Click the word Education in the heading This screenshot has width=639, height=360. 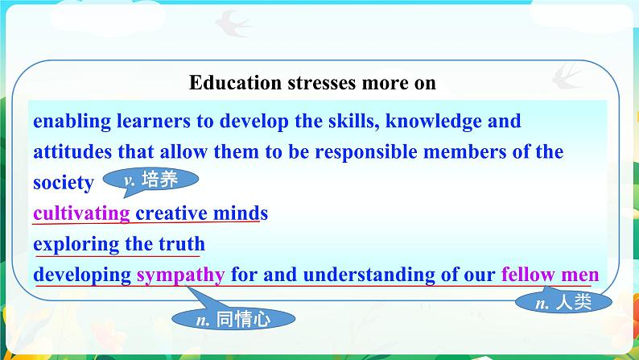[235, 82]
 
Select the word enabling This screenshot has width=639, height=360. [72, 122]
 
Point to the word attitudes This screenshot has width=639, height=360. [72, 151]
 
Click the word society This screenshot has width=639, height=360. [63, 183]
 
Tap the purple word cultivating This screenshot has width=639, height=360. [81, 213]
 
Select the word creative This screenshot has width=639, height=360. [171, 213]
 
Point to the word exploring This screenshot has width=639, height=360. [76, 244]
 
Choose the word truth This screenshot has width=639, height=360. [182, 244]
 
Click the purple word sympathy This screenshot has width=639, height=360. [180, 275]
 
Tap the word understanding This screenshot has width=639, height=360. [369, 275]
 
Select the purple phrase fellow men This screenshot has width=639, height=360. [550, 275]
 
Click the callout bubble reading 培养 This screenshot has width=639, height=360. [150, 180]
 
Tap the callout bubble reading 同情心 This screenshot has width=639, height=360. [233, 318]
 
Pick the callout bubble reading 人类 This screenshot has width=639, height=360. [563, 302]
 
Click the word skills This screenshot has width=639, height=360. [354, 121]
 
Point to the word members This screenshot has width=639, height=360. [464, 152]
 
